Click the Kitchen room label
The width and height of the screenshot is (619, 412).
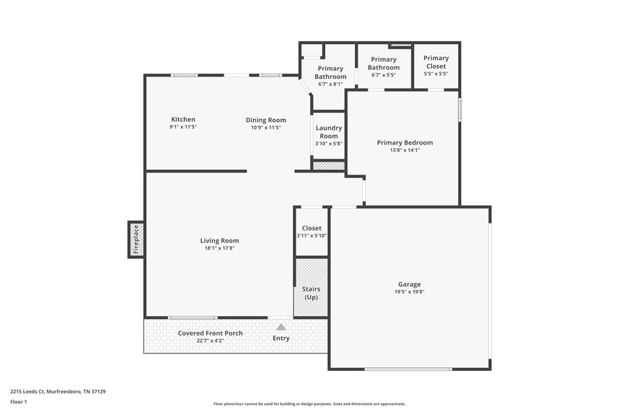tap(183, 119)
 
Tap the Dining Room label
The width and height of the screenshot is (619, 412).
tap(265, 120)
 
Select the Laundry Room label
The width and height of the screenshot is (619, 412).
tap(329, 131)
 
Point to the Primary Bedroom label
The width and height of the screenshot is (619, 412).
tap(404, 142)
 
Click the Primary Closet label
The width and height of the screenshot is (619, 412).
tap(436, 62)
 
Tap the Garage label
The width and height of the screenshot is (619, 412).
tap(409, 284)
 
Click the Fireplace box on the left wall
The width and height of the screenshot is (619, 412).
tap(135, 239)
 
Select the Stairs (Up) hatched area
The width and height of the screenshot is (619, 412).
tap(311, 288)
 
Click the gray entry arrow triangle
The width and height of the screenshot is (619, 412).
tap(281, 327)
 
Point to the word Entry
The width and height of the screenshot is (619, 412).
tap(281, 338)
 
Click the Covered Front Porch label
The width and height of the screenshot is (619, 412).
tap(210, 333)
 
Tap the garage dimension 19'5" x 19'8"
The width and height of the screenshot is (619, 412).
tap(409, 291)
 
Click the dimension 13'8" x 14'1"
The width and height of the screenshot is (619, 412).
tap(404, 151)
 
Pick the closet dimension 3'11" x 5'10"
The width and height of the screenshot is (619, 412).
tap(311, 236)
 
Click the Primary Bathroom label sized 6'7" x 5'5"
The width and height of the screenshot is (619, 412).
tap(384, 63)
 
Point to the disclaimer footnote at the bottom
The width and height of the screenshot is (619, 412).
tap(309, 403)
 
